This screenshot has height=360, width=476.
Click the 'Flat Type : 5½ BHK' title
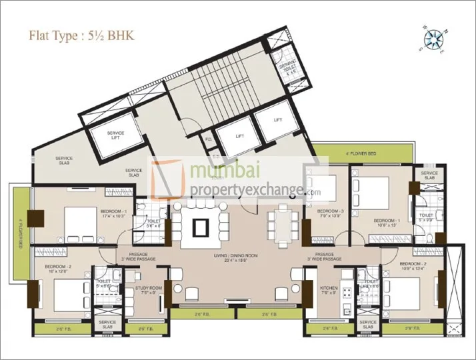(81, 35)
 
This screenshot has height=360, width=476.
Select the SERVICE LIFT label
(116, 135)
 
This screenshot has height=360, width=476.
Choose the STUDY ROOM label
(145, 290)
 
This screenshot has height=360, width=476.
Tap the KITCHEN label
(328, 290)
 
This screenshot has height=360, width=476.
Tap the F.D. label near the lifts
(209, 140)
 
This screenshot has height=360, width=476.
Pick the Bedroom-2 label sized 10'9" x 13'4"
(413, 266)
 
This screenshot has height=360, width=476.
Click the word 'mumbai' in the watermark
(215, 172)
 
